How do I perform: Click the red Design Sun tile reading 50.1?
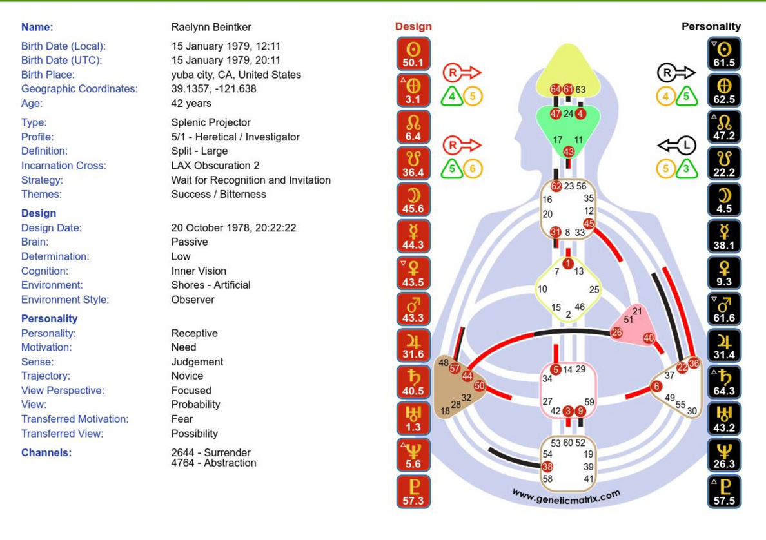point(413,53)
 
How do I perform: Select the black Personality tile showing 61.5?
point(724,53)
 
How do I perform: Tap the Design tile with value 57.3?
point(413,492)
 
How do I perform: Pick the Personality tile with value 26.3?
point(724,455)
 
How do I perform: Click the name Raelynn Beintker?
point(211,27)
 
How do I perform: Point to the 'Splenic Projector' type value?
point(211,122)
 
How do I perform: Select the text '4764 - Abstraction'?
point(213,463)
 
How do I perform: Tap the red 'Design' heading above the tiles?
point(413,26)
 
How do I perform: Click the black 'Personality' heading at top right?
point(711,26)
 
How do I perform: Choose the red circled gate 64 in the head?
point(556,90)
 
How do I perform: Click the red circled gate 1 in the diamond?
point(567,264)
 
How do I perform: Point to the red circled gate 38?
point(547,467)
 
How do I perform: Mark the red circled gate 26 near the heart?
point(617,333)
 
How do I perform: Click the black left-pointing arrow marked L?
point(676,146)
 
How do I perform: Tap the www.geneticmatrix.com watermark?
point(566,497)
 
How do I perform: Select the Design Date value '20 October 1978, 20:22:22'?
point(233,228)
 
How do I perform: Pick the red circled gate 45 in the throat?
point(589,224)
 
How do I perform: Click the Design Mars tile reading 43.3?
point(413,309)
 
